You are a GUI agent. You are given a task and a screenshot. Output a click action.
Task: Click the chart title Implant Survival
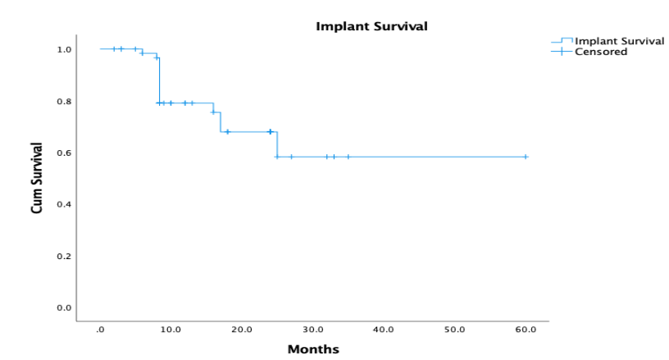[x=371, y=26]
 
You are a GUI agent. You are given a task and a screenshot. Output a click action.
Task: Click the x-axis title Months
[x=312, y=349]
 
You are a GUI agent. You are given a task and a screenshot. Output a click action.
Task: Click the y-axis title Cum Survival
[x=37, y=179]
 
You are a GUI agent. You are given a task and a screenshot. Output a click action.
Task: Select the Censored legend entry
[x=601, y=52]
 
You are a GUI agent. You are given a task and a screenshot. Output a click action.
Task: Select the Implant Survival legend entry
[x=619, y=41]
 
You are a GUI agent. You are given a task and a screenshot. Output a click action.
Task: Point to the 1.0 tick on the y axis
[x=64, y=49]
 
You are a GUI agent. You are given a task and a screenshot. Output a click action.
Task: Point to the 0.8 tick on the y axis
[x=64, y=102]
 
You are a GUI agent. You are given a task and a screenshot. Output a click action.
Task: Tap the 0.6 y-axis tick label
[x=64, y=153]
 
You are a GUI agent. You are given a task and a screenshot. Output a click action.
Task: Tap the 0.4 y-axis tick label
[x=64, y=204]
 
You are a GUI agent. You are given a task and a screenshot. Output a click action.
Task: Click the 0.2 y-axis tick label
[x=64, y=256]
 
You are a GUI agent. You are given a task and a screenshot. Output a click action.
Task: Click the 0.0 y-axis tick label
[x=64, y=308]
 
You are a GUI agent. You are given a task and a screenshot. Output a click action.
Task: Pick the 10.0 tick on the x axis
[x=171, y=329]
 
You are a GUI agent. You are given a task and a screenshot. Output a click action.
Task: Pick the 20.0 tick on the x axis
[x=241, y=329]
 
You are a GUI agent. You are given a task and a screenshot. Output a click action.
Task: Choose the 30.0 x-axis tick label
[x=312, y=329]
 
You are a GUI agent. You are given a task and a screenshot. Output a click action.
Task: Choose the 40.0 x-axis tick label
[x=383, y=329]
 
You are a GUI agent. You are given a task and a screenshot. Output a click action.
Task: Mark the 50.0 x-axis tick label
[x=454, y=329]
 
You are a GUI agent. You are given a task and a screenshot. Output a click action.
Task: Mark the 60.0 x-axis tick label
[x=525, y=329]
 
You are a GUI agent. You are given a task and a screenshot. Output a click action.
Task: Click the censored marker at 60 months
[x=525, y=157]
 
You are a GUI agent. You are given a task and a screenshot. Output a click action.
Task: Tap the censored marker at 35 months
[x=348, y=157]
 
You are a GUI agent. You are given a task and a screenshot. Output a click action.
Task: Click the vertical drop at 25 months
[x=277, y=144]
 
